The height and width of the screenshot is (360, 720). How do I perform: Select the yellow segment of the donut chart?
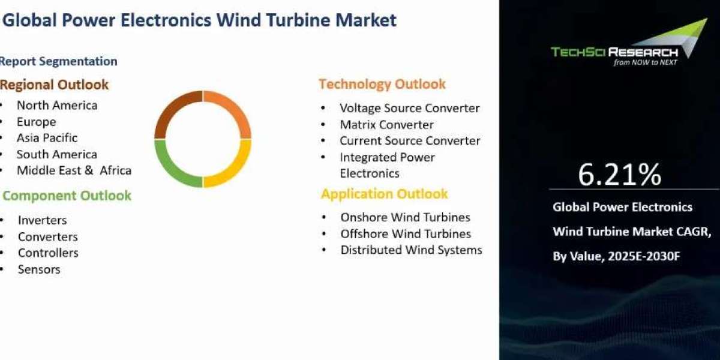coord(237,170)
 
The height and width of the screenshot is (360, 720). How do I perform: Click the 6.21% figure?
coord(620,175)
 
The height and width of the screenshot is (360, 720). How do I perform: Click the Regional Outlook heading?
coord(54,85)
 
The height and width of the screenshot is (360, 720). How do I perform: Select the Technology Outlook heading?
coord(382,85)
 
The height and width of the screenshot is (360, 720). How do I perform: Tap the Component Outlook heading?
coord(67,196)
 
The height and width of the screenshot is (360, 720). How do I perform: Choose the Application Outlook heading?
coord(385,194)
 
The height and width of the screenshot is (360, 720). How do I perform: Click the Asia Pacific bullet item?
coord(47,138)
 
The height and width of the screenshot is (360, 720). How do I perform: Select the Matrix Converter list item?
coord(386,125)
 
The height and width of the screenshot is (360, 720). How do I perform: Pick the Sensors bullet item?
coord(39,269)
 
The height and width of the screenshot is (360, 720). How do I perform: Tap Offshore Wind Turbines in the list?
coord(406,233)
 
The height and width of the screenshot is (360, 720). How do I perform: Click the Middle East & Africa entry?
coord(74,170)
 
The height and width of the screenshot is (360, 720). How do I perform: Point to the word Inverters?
coord(43,220)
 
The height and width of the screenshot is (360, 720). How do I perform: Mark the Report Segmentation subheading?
coord(59,61)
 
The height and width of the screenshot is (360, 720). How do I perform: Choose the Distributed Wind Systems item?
coord(412,250)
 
